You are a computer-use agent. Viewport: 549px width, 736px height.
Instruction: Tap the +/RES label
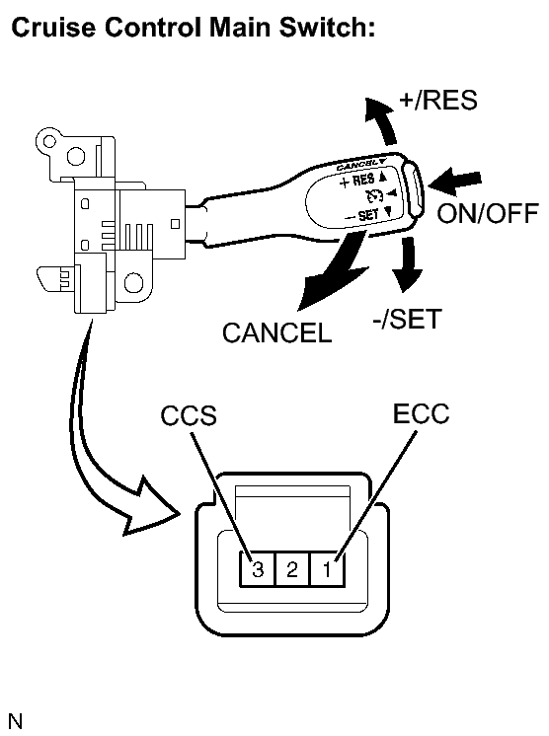437,100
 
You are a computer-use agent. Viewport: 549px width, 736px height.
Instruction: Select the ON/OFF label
487,214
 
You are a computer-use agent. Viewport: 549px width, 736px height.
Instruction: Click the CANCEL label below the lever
277,332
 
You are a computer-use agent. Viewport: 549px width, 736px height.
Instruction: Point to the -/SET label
407,319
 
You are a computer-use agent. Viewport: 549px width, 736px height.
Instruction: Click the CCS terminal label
189,415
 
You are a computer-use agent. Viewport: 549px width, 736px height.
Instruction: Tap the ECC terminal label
421,413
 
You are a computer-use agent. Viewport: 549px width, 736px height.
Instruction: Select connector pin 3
257,569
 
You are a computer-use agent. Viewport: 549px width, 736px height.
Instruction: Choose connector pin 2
292,569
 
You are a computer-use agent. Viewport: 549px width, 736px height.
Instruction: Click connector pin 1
328,569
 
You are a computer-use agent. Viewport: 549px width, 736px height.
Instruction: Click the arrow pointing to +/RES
383,121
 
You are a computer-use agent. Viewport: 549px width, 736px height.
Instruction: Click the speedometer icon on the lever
375,194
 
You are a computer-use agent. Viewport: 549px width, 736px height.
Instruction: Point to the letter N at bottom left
15,721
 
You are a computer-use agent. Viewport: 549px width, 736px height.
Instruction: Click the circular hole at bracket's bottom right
133,283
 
